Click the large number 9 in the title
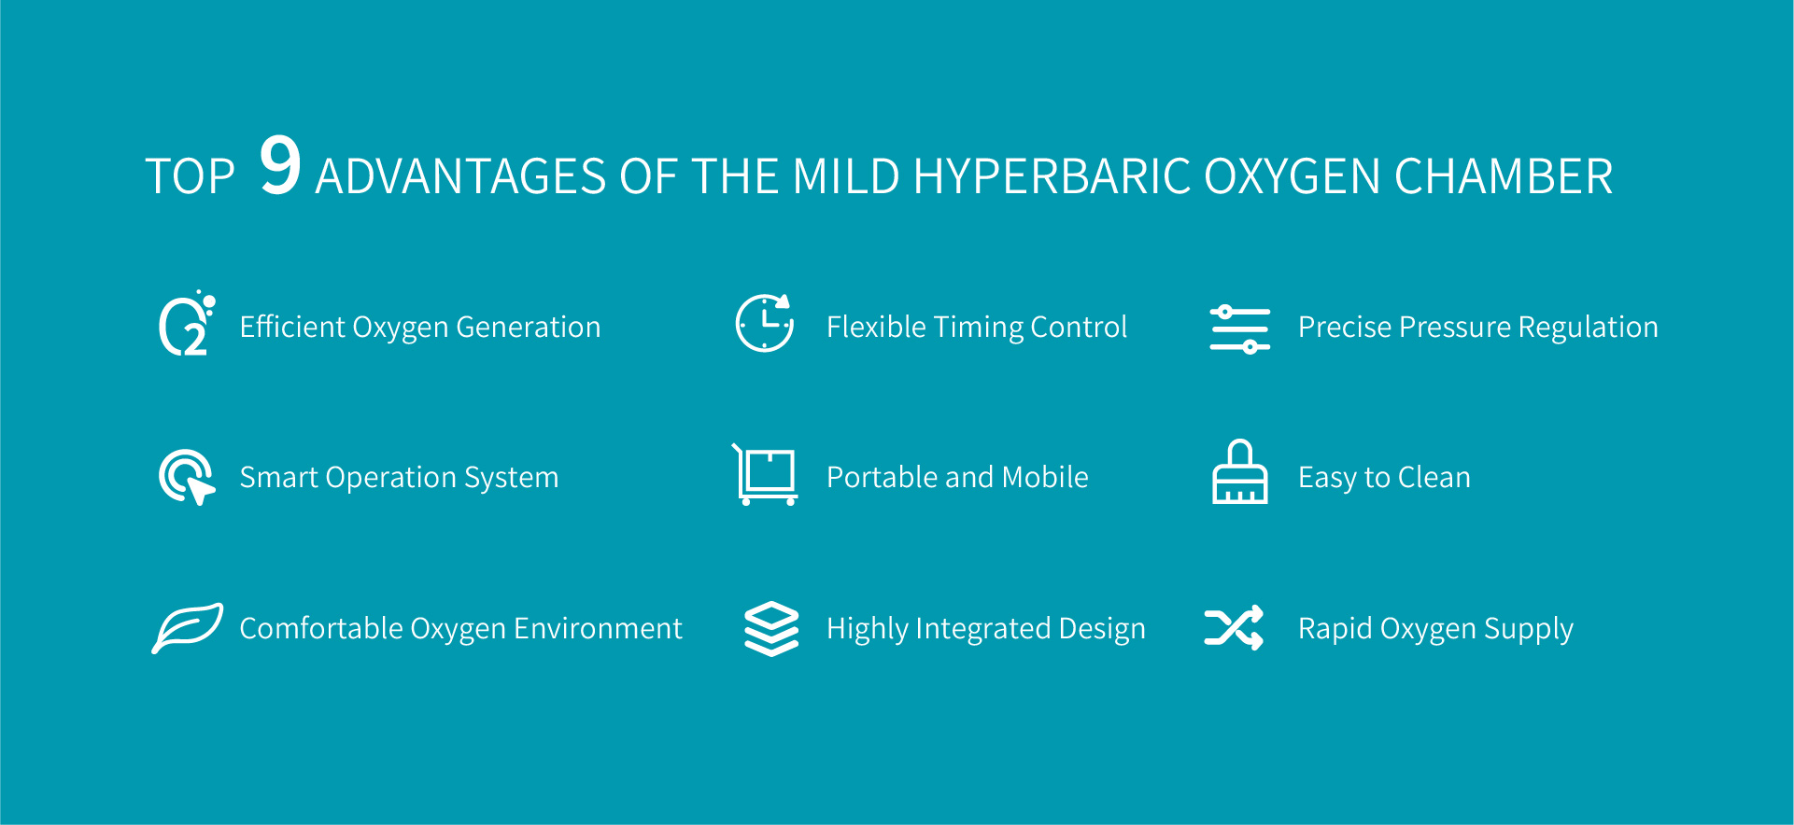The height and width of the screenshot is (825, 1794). pos(280,165)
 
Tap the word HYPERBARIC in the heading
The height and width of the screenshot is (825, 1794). pos(1051,176)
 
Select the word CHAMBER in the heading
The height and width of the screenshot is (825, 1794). pos(1504,176)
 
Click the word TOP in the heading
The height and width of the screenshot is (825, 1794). pos(191,176)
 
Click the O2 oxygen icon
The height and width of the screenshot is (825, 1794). pos(187,324)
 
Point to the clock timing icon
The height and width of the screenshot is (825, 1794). pos(764,323)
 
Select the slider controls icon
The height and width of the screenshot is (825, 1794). pos(1239,329)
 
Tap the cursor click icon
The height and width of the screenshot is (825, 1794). pos(187,477)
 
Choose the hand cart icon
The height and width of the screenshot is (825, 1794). pos(765,475)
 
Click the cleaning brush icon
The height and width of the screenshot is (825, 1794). pos(1239,472)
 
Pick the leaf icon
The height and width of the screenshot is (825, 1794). pos(188,628)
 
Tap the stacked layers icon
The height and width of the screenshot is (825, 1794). pos(771,629)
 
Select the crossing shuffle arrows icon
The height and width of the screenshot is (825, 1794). pos(1234,627)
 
